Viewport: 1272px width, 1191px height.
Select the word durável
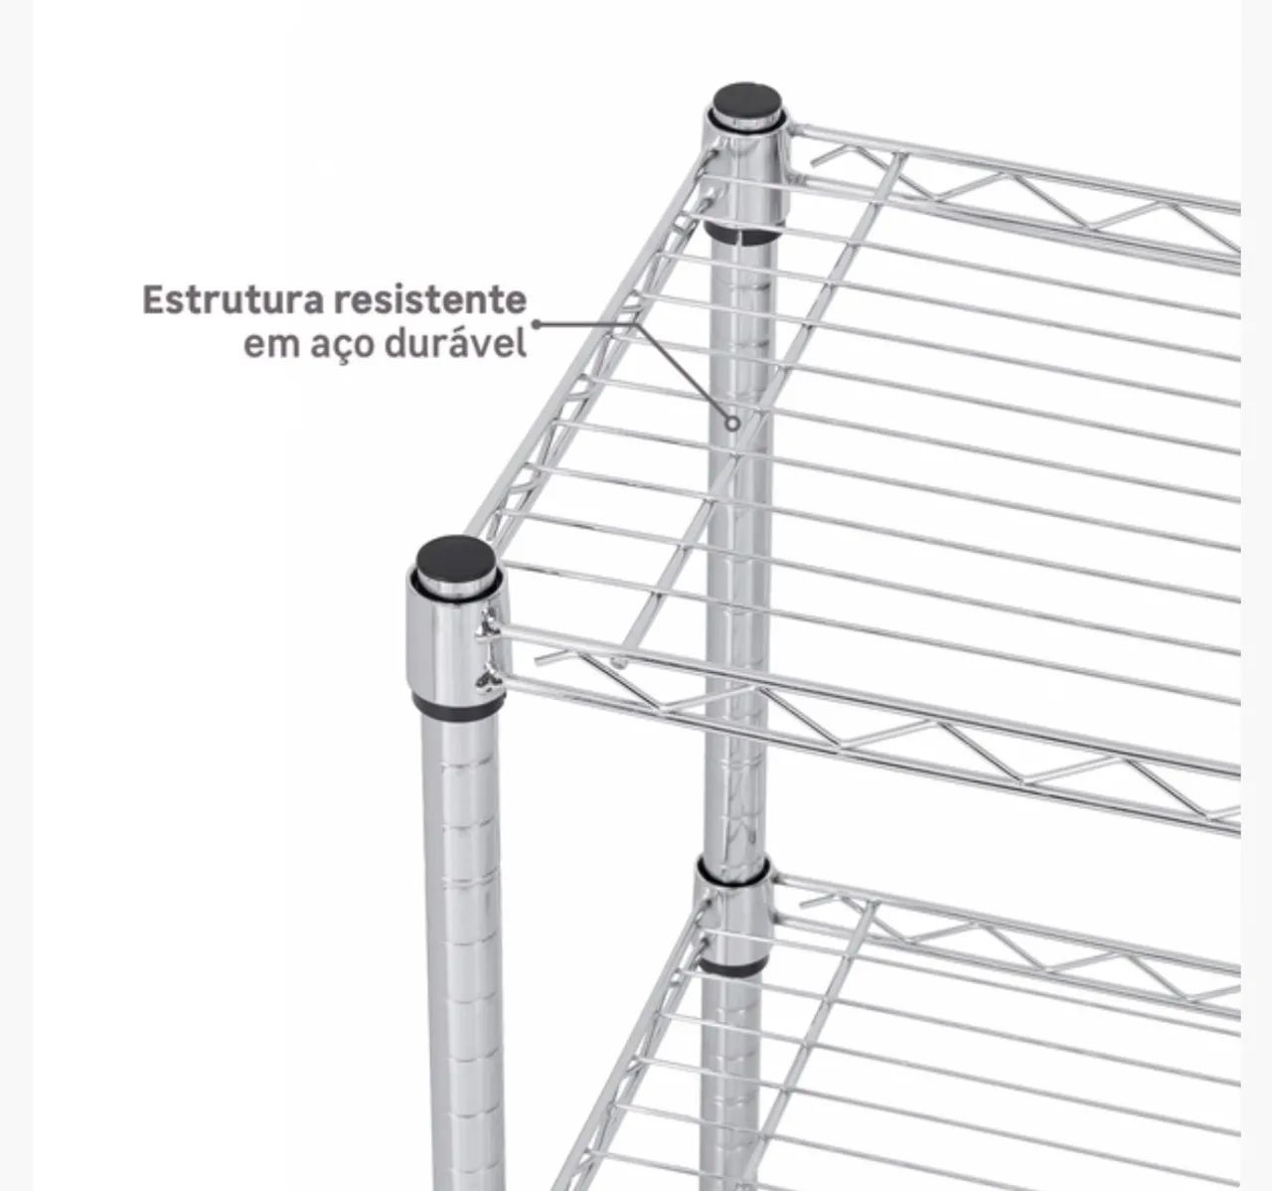coord(455,344)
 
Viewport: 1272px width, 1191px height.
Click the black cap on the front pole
coord(456,558)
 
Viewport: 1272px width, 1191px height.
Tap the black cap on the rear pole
coord(746,102)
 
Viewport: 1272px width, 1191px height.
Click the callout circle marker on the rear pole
coord(732,424)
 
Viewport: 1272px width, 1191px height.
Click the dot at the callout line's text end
coord(536,324)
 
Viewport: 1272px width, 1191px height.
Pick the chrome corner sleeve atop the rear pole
coord(747,170)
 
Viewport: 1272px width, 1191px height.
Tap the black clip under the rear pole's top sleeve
coord(741,235)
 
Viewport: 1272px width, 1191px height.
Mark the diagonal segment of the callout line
coord(684,371)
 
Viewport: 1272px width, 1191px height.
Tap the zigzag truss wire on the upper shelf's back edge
coord(1025,192)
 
